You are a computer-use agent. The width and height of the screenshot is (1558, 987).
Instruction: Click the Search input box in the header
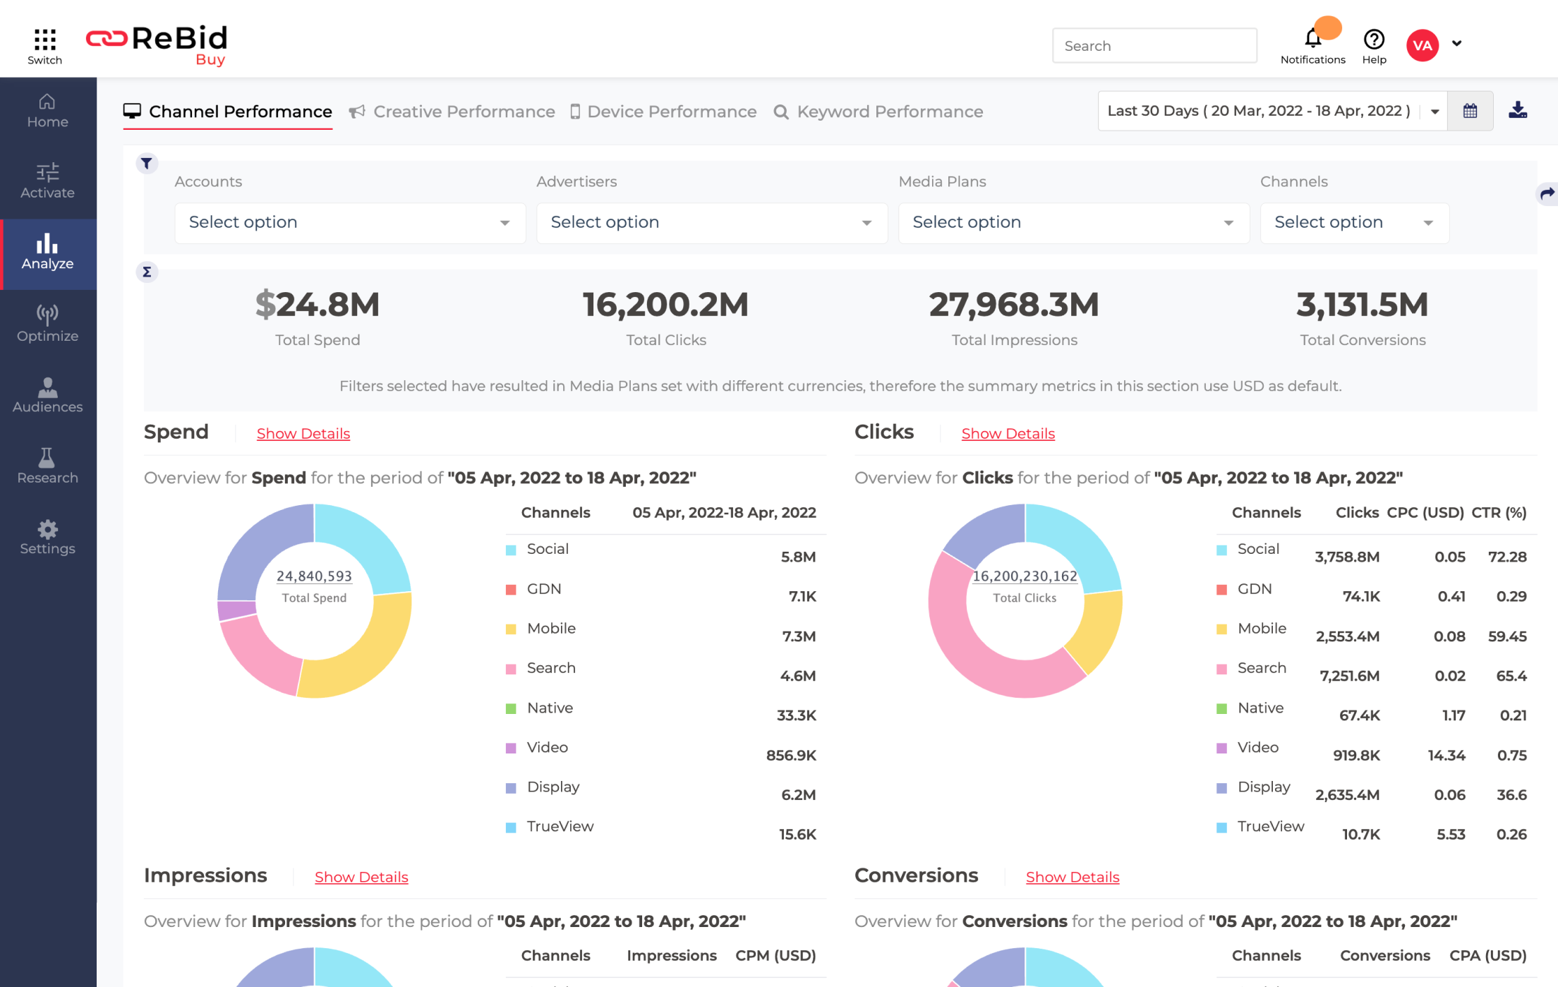tap(1154, 46)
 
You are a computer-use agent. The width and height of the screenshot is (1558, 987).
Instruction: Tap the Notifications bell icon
tap(1312, 38)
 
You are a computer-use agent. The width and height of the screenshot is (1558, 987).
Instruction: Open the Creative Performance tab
tap(464, 111)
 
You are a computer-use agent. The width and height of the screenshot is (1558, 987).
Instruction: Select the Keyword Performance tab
tap(889, 111)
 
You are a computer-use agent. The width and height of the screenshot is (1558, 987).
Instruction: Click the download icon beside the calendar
tap(1518, 111)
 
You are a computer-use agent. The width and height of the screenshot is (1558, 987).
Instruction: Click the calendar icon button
tap(1470, 111)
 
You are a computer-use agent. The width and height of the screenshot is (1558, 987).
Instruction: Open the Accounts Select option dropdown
tap(349, 222)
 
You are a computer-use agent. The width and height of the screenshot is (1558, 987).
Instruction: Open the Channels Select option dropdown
tap(1353, 222)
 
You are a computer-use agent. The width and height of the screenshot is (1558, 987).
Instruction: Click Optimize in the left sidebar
tap(47, 323)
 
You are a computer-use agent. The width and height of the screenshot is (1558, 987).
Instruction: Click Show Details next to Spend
tap(303, 433)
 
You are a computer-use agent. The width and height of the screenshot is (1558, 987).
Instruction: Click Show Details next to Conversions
tap(1072, 877)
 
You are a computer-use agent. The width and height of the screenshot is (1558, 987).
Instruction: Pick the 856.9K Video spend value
tap(790, 755)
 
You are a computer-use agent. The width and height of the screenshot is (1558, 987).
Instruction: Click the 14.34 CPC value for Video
tap(1446, 755)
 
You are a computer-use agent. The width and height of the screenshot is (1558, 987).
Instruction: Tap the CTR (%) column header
tap(1499, 513)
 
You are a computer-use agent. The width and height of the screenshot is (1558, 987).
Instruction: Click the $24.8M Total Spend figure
tap(317, 305)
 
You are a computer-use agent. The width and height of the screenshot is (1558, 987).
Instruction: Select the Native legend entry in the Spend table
tap(549, 708)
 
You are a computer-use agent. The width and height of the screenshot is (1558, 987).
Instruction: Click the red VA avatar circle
tap(1422, 46)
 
